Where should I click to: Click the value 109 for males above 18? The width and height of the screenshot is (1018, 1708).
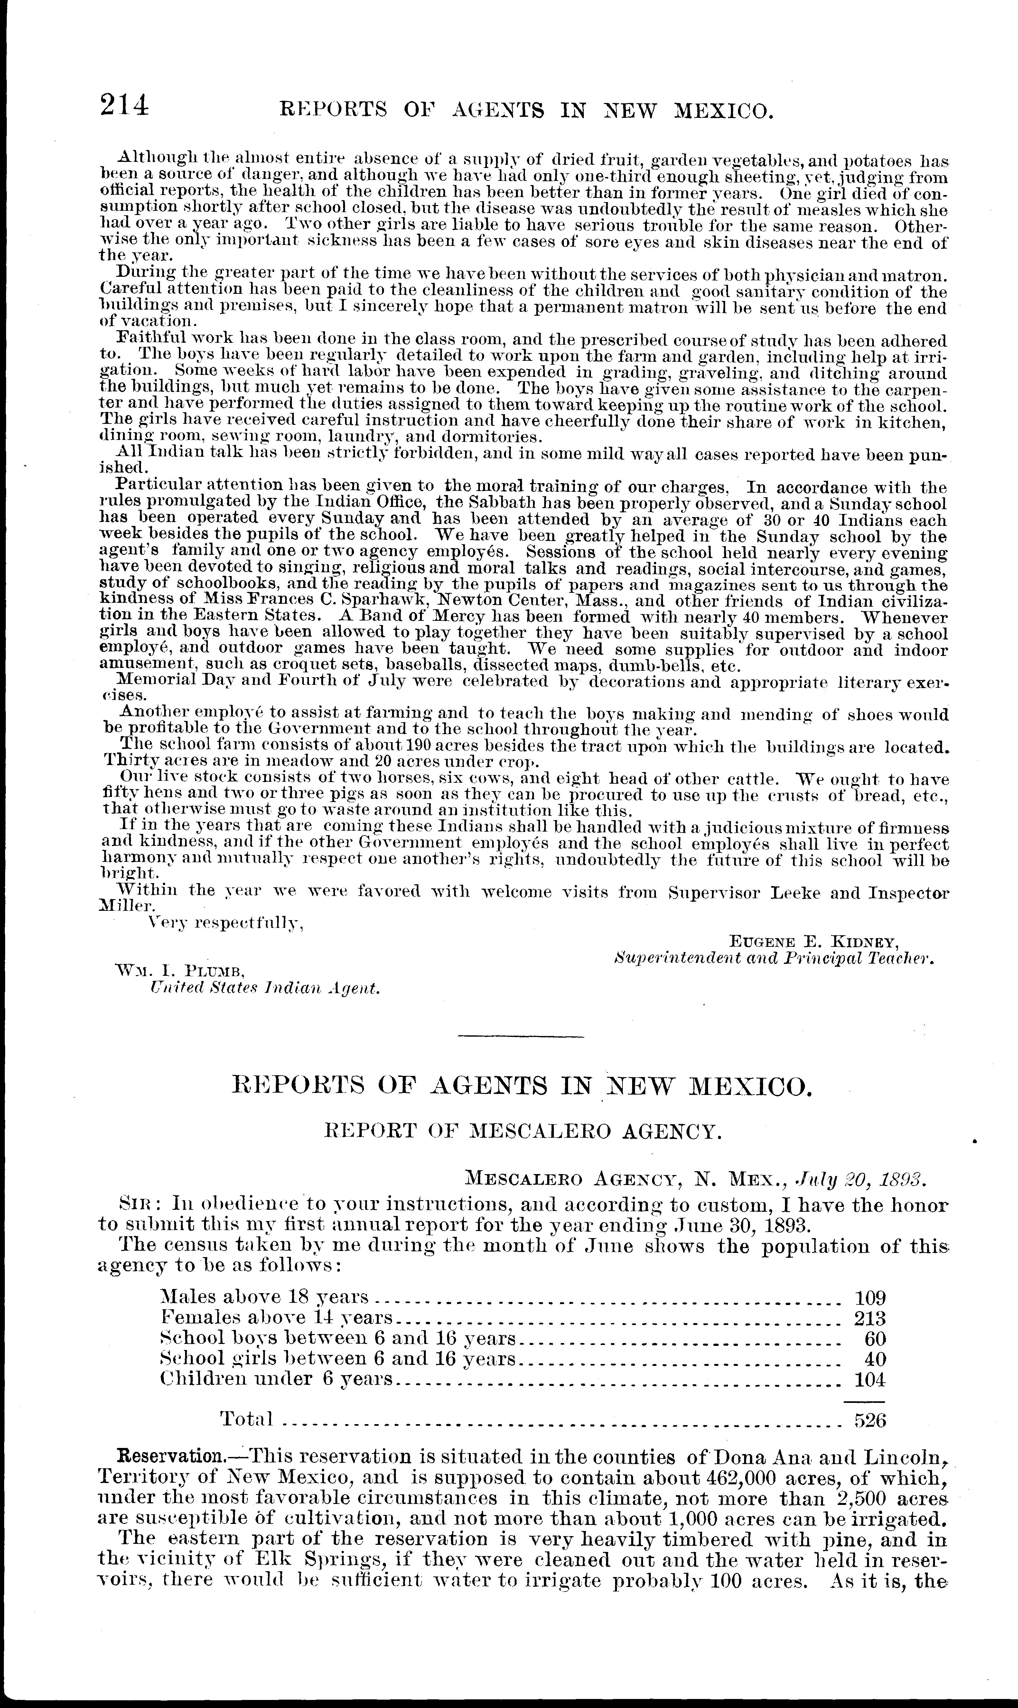tap(870, 1298)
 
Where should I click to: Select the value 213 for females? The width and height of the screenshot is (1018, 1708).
tap(870, 1318)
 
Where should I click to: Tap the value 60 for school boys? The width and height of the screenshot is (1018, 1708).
tap(875, 1339)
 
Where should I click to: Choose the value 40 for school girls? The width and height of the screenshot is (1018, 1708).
tap(875, 1359)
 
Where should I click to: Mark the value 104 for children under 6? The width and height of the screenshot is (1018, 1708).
tap(870, 1379)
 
